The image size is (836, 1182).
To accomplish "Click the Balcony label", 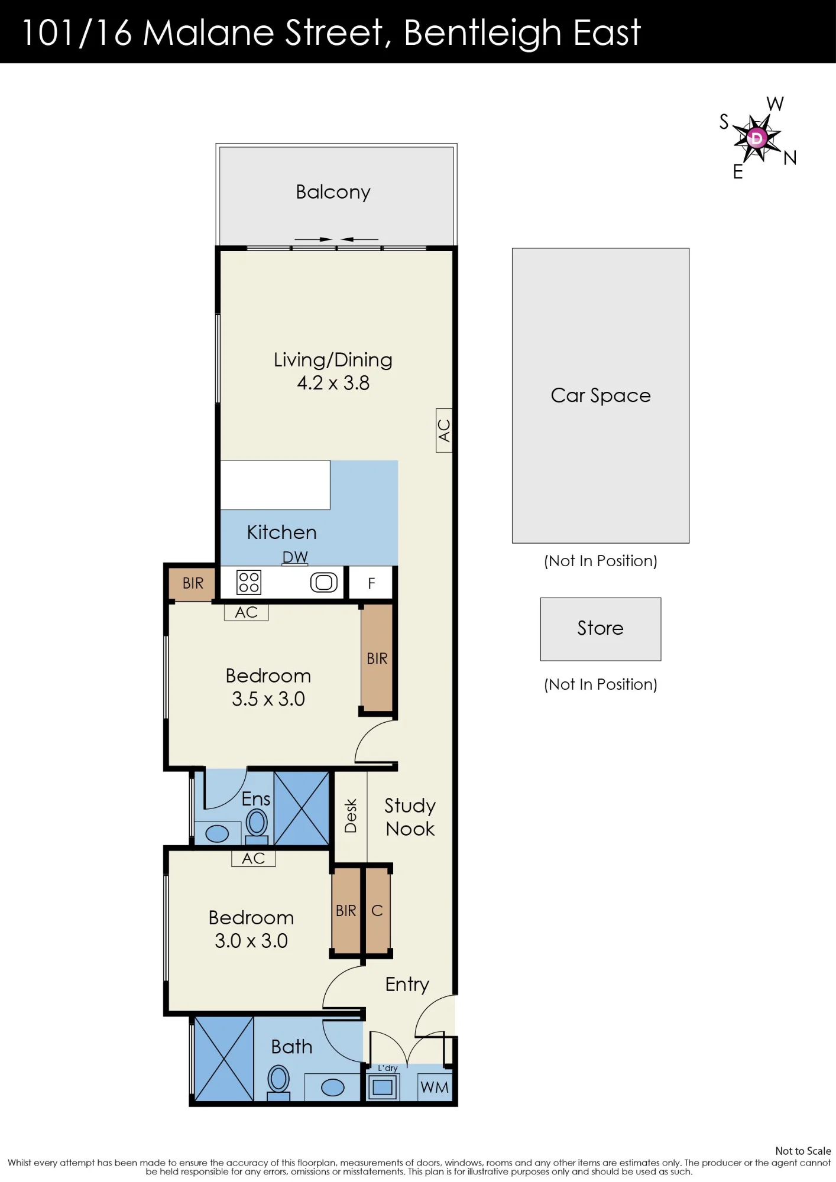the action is coord(333,192).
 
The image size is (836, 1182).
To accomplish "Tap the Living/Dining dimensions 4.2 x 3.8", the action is coord(333,383).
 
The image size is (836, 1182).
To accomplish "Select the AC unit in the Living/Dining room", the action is coord(444,430).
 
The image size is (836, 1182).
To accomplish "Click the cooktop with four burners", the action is coord(249,582).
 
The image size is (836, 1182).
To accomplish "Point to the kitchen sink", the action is coord(324,583).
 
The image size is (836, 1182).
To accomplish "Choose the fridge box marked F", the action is coord(371,583).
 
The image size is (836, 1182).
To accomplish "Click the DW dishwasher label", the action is coord(295,557).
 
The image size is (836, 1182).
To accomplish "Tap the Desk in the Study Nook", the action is coord(351,816).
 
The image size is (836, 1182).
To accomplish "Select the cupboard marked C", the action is coord(377,911).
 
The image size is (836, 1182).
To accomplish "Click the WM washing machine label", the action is coord(435,1087).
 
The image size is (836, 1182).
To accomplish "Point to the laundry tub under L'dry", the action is coord(383,1087).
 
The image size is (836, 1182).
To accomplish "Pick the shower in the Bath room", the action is coord(224,1058).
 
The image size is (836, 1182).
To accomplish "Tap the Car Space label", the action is coord(601,395).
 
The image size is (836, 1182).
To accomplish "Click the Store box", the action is coord(601,629).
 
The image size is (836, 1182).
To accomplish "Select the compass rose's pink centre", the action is coord(756,138).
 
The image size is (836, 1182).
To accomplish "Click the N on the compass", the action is coord(790,158).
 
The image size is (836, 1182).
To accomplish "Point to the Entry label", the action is coord(407,985).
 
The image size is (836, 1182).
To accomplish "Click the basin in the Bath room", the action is coord(333,1087).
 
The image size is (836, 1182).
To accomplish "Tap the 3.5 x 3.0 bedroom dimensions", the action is coord(268,699).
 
